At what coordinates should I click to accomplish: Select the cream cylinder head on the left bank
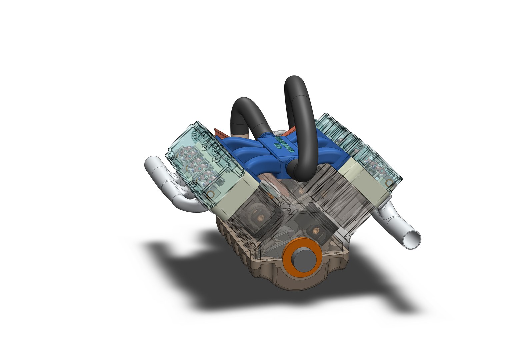point(233,197)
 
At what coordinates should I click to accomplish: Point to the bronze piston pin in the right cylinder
point(315,230)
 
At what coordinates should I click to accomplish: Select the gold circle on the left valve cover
point(210,194)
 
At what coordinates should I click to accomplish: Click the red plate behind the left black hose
point(220,133)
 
